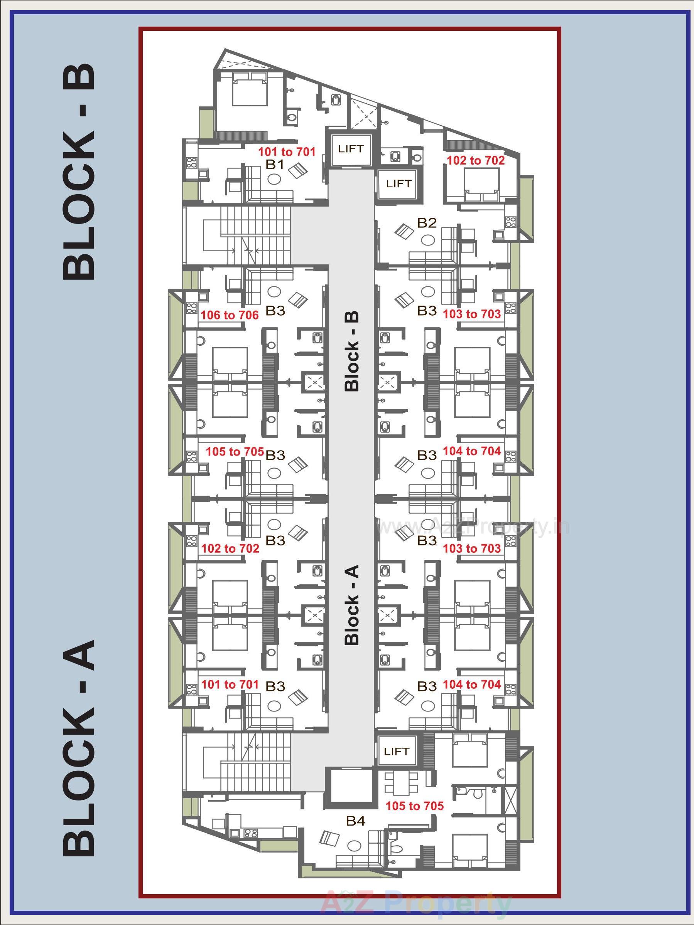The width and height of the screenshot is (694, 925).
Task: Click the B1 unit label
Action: [275, 165]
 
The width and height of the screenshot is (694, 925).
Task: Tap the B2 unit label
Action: [427, 223]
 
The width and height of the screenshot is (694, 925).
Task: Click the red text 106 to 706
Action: [230, 315]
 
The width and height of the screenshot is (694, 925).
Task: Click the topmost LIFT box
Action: [351, 149]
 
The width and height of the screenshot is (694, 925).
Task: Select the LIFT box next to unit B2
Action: [399, 183]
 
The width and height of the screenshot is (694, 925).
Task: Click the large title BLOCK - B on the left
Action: [79, 172]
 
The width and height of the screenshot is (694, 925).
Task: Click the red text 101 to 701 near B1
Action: [286, 151]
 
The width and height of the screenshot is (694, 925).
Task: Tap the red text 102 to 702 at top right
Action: [476, 160]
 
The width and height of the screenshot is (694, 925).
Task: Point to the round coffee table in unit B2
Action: [427, 240]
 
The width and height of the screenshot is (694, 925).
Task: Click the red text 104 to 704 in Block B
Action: [472, 451]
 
